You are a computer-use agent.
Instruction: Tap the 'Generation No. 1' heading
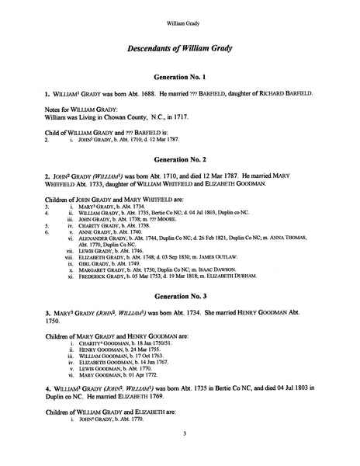coord(179,78)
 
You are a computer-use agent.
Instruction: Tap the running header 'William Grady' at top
coord(179,12)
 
